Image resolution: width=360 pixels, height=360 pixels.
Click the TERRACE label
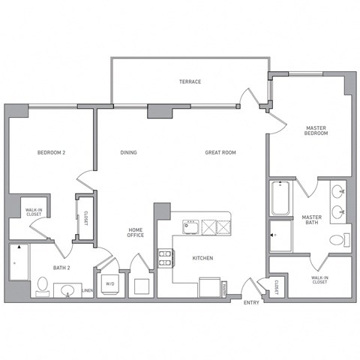190,82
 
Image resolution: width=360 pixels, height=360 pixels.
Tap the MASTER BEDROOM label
316,130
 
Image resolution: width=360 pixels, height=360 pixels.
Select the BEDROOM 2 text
51,152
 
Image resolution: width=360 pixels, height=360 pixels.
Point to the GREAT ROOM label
220,152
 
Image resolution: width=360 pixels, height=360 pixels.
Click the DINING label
128,152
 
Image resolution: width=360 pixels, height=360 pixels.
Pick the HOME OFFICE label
136,232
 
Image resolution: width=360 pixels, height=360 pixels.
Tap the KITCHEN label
202,258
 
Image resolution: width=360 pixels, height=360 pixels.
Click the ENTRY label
251,303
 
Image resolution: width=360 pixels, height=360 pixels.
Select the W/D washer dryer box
110,285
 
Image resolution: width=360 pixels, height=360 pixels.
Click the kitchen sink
190,227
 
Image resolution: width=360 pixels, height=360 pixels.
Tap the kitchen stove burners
165,259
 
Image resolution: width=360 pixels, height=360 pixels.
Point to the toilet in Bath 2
43,286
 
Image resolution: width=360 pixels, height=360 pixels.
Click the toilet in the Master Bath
340,240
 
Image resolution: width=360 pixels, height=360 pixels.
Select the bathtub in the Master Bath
280,198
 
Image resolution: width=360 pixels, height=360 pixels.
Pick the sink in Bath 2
67,290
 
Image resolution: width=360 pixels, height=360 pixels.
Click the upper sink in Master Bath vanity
338,192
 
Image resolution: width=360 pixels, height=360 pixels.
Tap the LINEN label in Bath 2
88,290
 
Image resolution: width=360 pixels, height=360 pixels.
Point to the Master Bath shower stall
280,235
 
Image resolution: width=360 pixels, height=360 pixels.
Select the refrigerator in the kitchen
210,287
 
